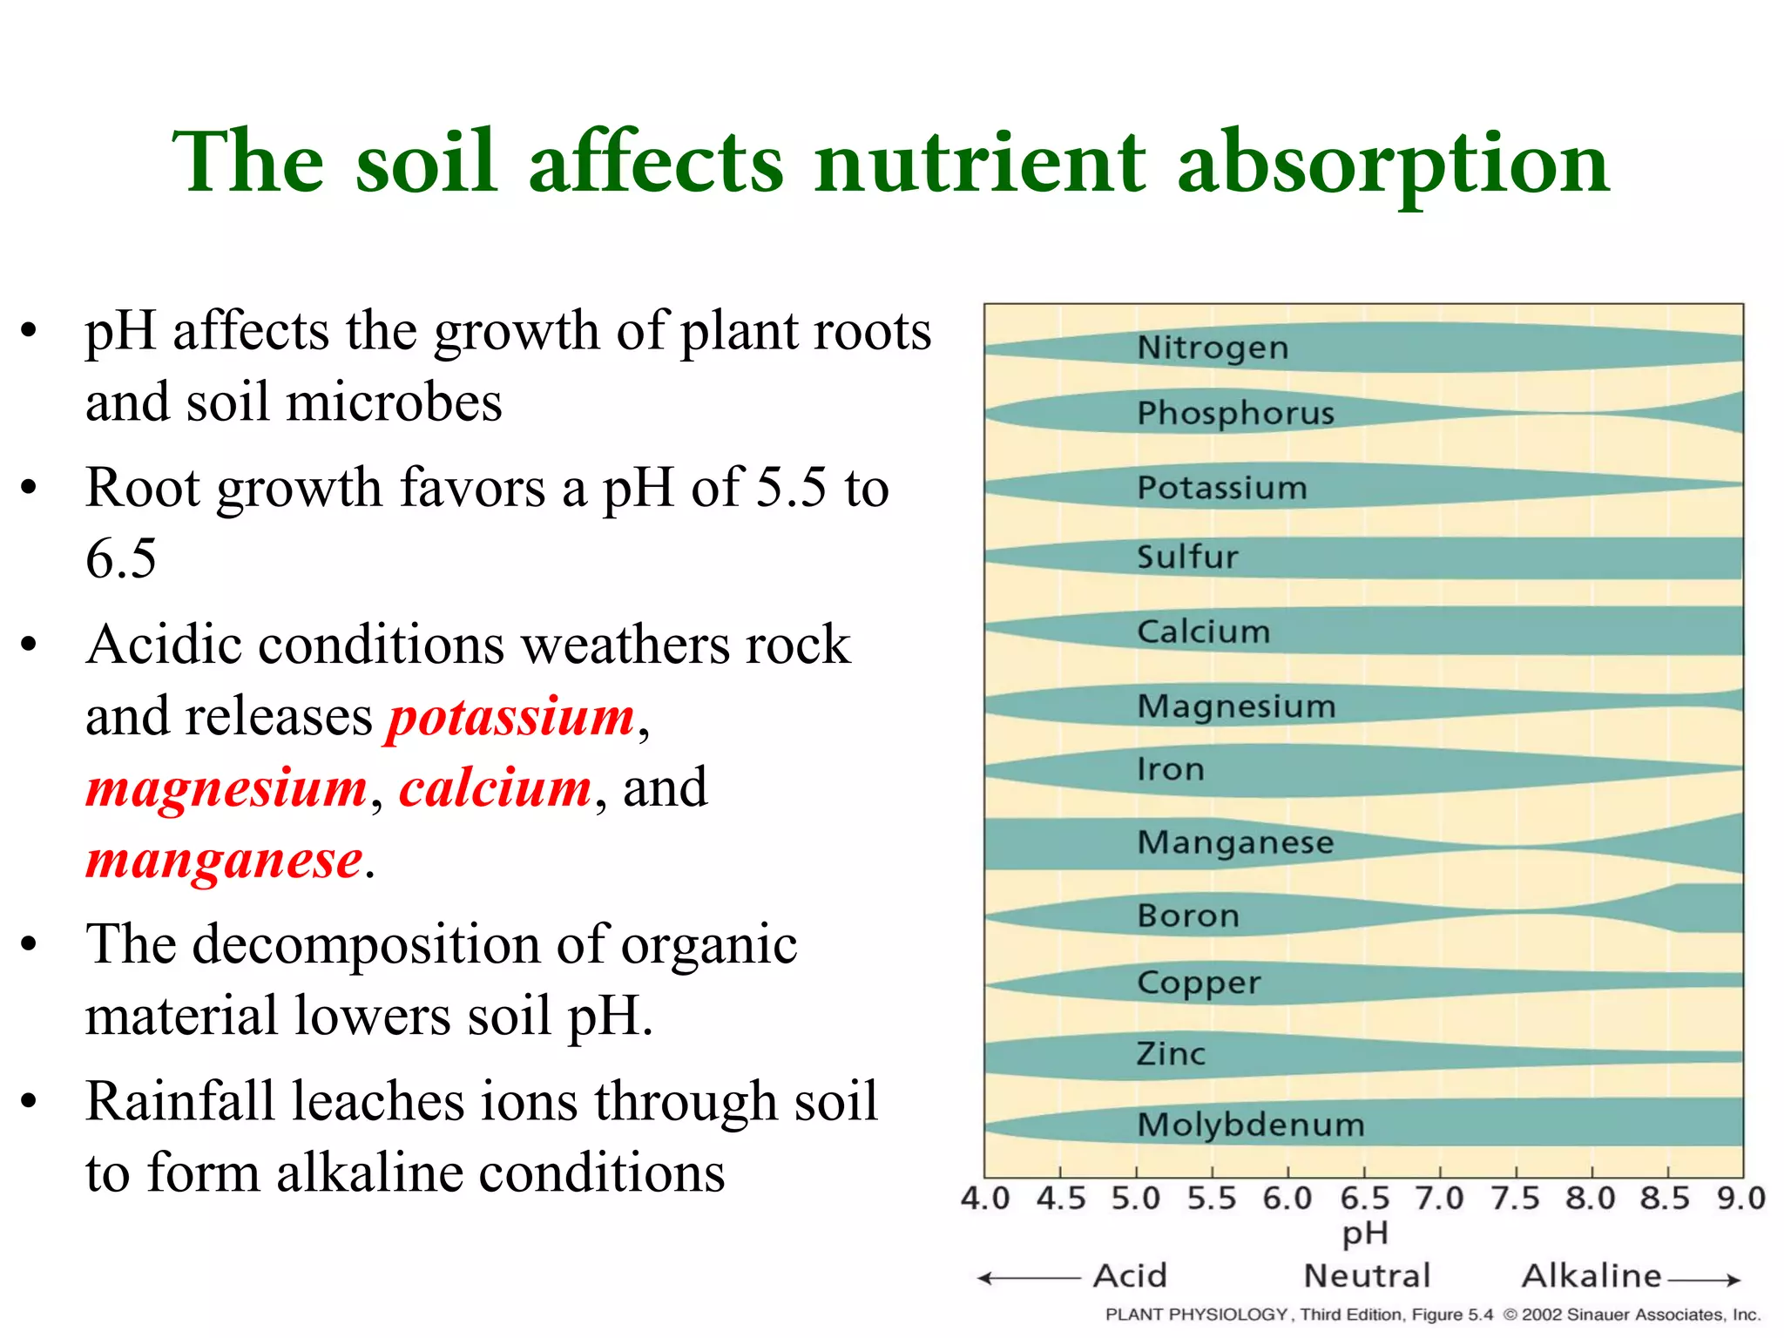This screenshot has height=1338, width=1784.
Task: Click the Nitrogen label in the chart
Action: coord(1213,348)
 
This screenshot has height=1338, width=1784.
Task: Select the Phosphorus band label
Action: coord(1235,413)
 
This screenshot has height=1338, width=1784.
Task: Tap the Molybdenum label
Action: coord(1251,1125)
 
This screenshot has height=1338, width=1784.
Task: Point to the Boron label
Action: coord(1188,916)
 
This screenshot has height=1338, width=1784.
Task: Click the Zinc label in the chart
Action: coord(1171,1054)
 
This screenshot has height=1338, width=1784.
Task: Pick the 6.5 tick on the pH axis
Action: coord(1364,1199)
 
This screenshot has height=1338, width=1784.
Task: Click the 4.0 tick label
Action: coord(984,1199)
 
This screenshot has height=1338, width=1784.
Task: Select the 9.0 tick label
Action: coord(1740,1199)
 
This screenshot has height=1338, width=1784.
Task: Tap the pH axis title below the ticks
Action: coord(1364,1233)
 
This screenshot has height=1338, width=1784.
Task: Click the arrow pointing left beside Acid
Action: coord(1028,1279)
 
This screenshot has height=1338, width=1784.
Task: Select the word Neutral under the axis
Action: coord(1367,1276)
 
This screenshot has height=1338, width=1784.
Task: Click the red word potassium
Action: coord(511,719)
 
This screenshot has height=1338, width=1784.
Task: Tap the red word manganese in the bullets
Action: coord(224,861)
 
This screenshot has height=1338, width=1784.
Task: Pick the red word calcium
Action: coord(496,788)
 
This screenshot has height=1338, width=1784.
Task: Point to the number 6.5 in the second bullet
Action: coord(121,558)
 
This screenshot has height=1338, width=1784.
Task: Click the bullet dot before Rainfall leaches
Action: coord(30,1101)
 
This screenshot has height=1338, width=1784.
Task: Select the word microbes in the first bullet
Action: coord(394,402)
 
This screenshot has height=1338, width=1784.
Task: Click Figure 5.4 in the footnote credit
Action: coord(1451,1314)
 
